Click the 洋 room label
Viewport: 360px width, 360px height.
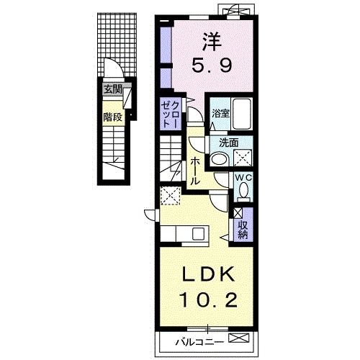click(212, 42)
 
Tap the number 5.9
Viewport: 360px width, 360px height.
click(212, 66)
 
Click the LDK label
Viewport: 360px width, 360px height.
click(208, 274)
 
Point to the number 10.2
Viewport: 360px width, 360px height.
click(208, 300)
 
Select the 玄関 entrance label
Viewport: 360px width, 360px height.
click(113, 90)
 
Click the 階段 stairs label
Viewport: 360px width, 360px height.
click(113, 117)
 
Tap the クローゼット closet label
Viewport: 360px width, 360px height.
click(170, 114)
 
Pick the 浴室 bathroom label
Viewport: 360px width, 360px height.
click(221, 114)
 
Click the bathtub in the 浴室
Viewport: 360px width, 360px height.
click(242, 114)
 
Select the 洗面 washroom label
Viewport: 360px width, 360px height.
click(229, 143)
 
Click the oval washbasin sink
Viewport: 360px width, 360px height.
click(220, 159)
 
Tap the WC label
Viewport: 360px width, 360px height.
click(243, 178)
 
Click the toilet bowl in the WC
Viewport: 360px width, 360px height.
click(244, 189)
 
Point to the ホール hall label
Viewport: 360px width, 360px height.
click(195, 171)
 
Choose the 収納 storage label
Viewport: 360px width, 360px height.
click(243, 230)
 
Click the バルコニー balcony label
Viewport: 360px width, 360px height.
click(199, 342)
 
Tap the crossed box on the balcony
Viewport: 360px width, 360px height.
click(239, 338)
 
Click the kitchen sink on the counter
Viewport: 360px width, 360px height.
click(198, 233)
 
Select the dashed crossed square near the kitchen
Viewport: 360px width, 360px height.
click(171, 196)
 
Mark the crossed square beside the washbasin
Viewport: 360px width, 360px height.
click(243, 158)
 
